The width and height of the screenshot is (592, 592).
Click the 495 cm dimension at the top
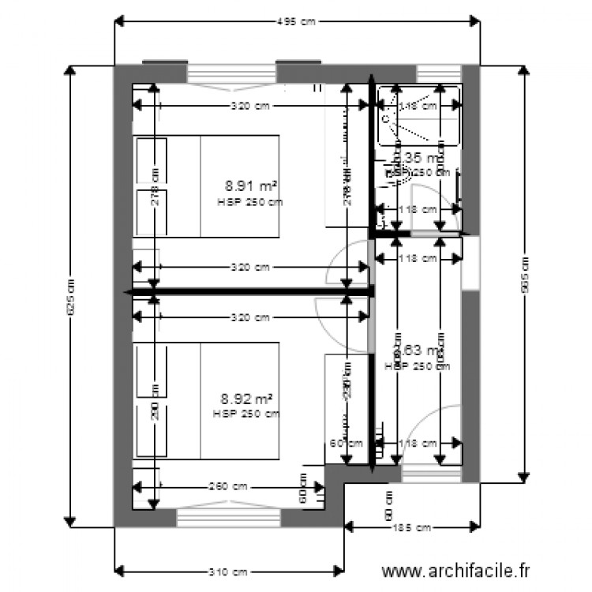point(296,22)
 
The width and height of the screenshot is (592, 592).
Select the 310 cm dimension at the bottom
point(229,571)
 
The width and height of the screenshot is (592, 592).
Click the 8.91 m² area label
point(250,186)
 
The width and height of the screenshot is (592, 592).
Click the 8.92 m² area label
point(249,399)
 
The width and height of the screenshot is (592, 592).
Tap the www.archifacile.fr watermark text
point(456,570)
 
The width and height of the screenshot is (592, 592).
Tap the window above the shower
point(438,72)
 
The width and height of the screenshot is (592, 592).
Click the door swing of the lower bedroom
point(341,322)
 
